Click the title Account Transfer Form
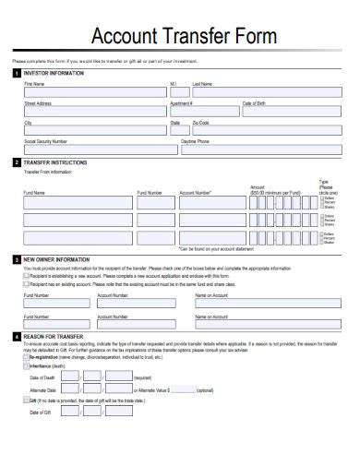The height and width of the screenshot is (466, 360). pyautogui.click(x=179, y=37)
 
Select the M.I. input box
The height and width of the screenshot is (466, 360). pyautogui.click(x=179, y=92)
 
